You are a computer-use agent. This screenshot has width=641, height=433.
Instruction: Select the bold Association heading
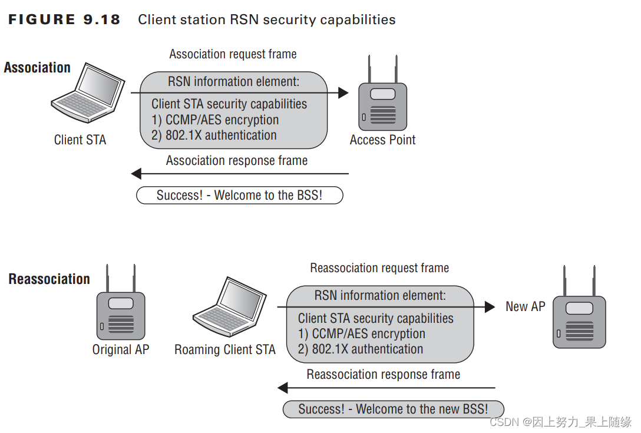[37, 68]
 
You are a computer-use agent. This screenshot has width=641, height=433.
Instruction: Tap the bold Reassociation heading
[49, 279]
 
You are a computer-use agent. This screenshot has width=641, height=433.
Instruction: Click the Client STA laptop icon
[87, 94]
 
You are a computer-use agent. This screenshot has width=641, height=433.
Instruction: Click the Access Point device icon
[382, 100]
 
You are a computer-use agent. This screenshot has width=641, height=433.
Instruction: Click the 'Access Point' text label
[382, 140]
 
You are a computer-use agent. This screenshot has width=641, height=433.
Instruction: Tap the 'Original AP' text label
[121, 349]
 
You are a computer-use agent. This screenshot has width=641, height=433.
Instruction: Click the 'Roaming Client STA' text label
[225, 349]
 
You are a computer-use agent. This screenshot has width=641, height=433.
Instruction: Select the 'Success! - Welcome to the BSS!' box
[239, 196]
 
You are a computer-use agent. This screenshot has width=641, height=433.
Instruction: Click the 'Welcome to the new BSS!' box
[393, 409]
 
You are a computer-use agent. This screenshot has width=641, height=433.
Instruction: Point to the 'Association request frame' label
[233, 54]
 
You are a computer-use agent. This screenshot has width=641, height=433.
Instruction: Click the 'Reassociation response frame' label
[383, 375]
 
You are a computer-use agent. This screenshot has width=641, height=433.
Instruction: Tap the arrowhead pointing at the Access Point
[343, 92]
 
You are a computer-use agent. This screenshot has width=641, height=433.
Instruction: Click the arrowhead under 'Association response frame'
[137, 174]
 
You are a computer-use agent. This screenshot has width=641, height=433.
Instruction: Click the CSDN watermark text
[560, 422]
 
